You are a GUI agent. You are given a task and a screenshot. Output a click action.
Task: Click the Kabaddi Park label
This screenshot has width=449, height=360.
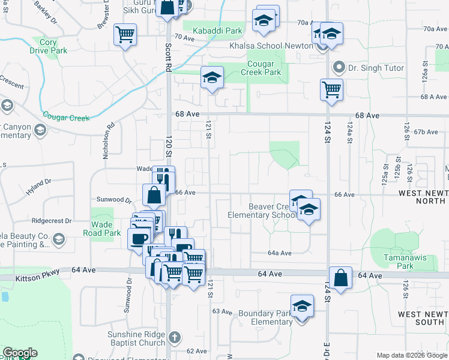221,31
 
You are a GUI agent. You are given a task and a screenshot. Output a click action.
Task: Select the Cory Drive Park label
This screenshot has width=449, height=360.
49,46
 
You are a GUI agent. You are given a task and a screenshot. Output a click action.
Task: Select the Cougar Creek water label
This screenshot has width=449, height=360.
66,116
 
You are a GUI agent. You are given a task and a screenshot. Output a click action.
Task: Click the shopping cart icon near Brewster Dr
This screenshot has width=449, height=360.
125,35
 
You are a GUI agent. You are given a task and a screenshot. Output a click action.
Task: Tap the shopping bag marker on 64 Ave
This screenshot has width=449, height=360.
340,278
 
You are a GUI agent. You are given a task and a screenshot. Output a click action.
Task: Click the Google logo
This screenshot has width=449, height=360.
20,353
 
